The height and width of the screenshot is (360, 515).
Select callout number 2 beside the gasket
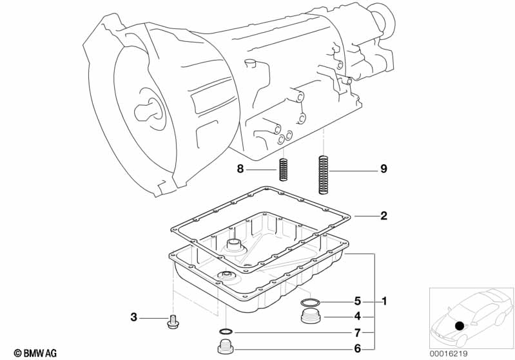click(384, 216)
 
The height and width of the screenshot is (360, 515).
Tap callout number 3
click(134, 317)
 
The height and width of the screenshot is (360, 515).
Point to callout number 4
click(357, 316)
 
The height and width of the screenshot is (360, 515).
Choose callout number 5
click(357, 301)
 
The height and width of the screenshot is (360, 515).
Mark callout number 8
click(240, 169)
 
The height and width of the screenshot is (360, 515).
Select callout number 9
click(384, 169)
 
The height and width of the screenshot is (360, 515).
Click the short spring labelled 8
click(282, 169)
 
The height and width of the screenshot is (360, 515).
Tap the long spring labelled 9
click(323, 174)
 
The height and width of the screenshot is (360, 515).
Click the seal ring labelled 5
click(310, 302)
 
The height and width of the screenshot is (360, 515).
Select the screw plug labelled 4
click(312, 317)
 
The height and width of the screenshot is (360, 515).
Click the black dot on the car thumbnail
click(460, 326)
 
